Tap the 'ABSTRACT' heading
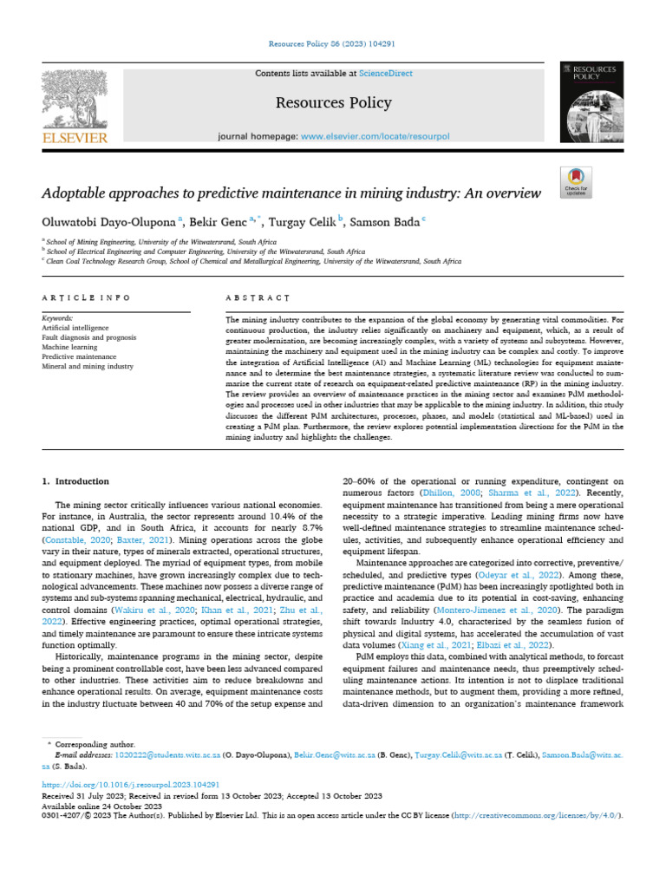point(257,297)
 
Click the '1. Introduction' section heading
point(75,480)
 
